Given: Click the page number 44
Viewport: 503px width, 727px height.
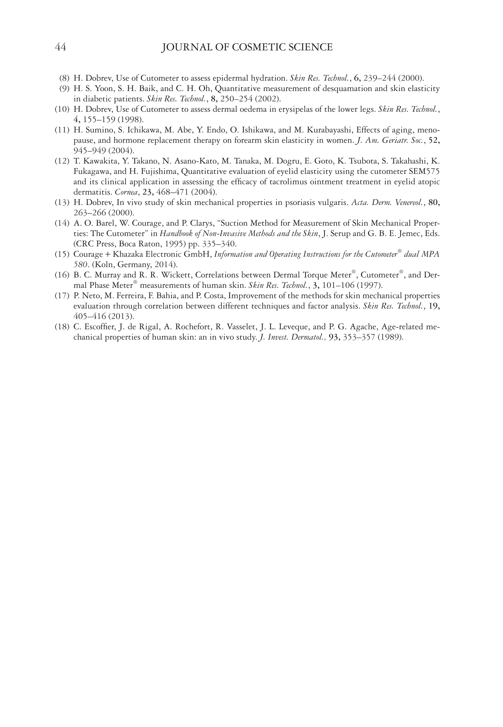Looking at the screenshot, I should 61,47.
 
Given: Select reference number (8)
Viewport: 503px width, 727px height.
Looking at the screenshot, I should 64,78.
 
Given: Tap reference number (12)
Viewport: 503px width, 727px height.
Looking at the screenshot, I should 62,161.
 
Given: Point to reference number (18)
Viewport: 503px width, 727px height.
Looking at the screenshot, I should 62,327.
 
